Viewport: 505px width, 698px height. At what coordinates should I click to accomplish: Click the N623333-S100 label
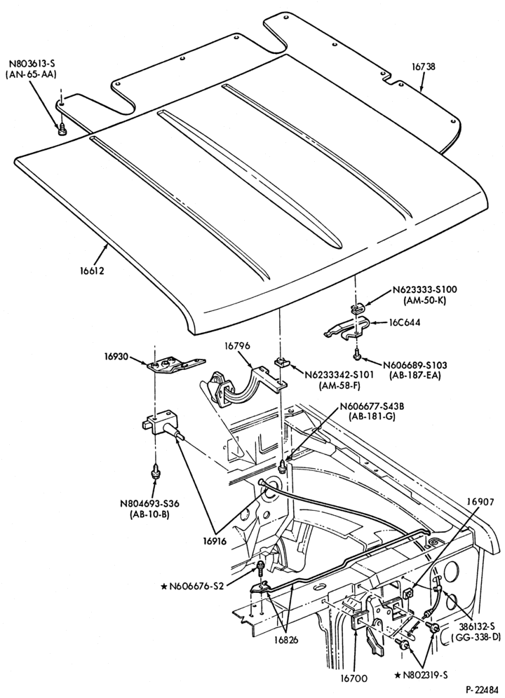pyautogui.click(x=425, y=289)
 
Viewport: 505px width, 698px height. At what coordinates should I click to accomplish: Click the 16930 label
pyautogui.click(x=116, y=357)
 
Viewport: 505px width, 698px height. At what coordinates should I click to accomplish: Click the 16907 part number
pyautogui.click(x=480, y=502)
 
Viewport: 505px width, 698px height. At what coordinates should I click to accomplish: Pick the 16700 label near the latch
pyautogui.click(x=354, y=679)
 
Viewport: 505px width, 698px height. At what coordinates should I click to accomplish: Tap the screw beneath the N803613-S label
pyautogui.click(x=62, y=130)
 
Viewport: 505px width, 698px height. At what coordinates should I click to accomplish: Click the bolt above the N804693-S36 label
pyautogui.click(x=156, y=472)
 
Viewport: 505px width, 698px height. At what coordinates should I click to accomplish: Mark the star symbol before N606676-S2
pyautogui.click(x=163, y=586)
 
